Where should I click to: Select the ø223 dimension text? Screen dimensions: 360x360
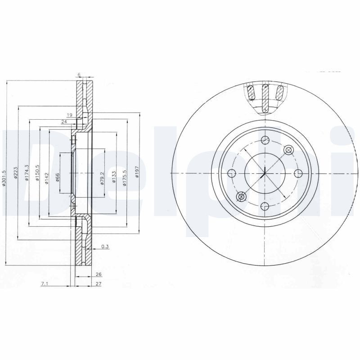(x=15, y=173)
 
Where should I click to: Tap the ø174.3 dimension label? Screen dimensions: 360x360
(x=27, y=173)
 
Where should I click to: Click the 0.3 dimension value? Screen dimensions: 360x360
(x=105, y=246)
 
